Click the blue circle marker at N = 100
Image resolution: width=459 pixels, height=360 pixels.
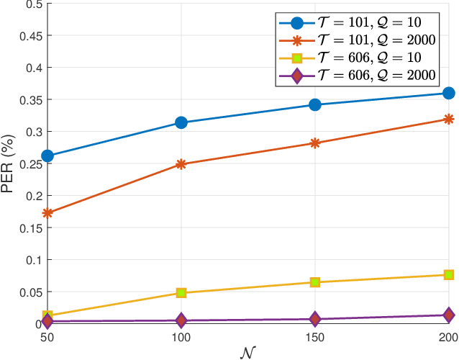pyautogui.click(x=181, y=122)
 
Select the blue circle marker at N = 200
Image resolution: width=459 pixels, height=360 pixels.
pyautogui.click(x=449, y=93)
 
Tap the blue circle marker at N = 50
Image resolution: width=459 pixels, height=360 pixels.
pyautogui.click(x=47, y=156)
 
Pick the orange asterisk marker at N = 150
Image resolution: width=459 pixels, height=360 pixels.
pyautogui.click(x=315, y=143)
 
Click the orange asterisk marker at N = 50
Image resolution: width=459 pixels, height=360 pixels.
pyautogui.click(x=47, y=213)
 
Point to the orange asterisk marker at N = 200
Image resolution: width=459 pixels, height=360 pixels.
pyautogui.click(x=449, y=119)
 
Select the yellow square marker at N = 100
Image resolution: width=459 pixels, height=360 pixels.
pyautogui.click(x=181, y=293)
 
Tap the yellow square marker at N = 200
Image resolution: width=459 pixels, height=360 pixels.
pyautogui.click(x=449, y=275)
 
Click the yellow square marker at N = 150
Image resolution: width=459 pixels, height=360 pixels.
pyautogui.click(x=315, y=282)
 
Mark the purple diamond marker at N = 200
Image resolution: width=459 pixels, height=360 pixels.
pyautogui.click(x=449, y=315)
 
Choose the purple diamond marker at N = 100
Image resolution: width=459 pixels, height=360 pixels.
pyautogui.click(x=181, y=320)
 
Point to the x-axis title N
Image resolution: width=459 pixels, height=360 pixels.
pyautogui.click(x=248, y=353)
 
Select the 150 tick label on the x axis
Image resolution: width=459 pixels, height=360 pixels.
pyautogui.click(x=315, y=337)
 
